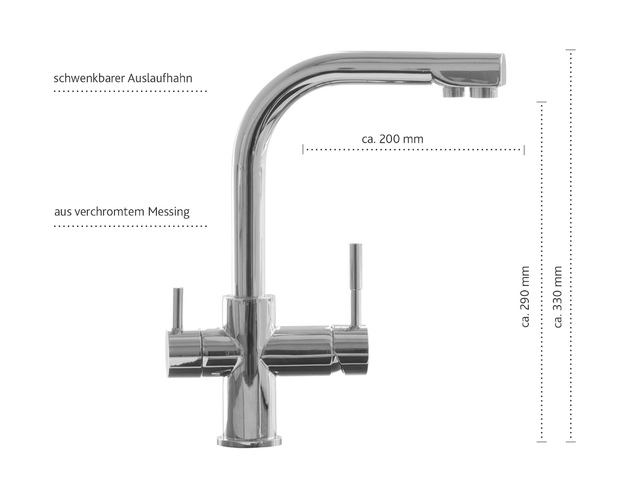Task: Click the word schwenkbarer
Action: point(89,78)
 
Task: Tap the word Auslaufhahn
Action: point(160,78)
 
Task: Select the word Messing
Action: point(169,212)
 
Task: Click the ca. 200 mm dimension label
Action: point(392,139)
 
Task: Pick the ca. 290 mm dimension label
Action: point(525,296)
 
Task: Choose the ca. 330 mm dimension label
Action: point(557,296)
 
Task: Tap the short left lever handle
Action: point(178,310)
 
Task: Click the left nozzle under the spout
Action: point(453,92)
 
